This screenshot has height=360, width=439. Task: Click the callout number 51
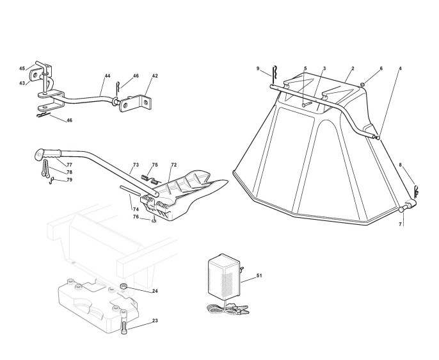(259, 275)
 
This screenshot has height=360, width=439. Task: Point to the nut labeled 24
(125, 286)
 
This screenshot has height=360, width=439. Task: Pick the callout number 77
(69, 165)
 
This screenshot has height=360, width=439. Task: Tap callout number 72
(173, 165)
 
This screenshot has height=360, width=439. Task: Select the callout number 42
(154, 76)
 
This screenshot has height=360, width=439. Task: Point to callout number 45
(22, 69)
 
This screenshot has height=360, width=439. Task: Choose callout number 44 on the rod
(108, 76)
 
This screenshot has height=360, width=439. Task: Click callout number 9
(258, 69)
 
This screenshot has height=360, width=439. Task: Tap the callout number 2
(352, 68)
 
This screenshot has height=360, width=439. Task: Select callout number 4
(400, 68)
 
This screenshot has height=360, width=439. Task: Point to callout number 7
(401, 225)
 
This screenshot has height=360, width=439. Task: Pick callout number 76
(136, 217)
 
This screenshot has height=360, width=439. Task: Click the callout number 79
(69, 180)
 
